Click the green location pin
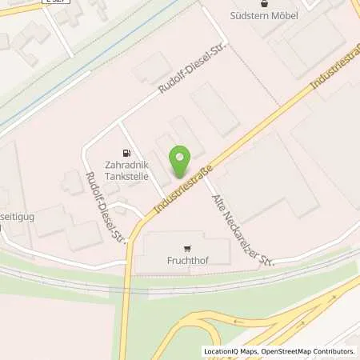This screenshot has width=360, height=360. tap(181, 162)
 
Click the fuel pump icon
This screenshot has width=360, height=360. tap(125, 153)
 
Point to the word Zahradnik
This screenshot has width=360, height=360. tap(125, 167)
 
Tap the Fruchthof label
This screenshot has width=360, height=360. tap(188, 260)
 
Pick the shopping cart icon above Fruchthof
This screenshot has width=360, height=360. tap(187, 248)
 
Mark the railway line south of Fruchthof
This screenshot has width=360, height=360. tap(240, 282)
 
